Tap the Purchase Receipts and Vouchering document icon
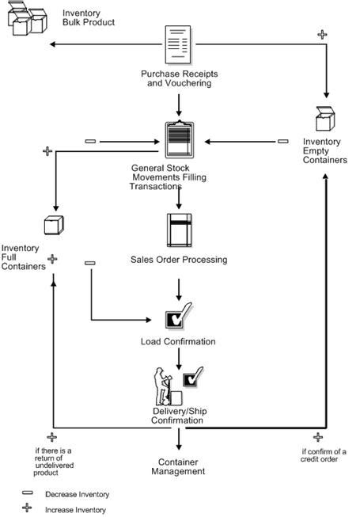[x=180, y=46]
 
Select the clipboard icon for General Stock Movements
[x=180, y=143]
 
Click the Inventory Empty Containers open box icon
[x=324, y=119]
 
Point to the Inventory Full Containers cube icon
[x=53, y=226]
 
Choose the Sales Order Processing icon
[x=180, y=229]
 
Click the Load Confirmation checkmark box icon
[x=175, y=319]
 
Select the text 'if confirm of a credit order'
[x=324, y=456]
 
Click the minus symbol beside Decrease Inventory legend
[x=27, y=493]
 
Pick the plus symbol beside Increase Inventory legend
[x=27, y=509]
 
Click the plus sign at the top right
[x=321, y=34]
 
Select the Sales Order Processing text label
[x=179, y=260]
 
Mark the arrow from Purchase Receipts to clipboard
[x=180, y=103]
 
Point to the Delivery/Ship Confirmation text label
[x=179, y=416]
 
